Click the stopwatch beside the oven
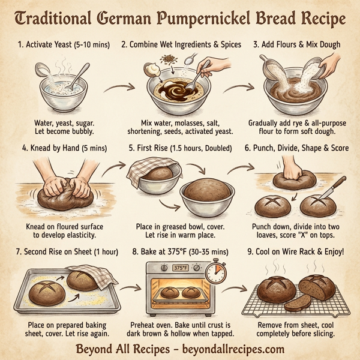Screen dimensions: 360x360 (x=214, y=275)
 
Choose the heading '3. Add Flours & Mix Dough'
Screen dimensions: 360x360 (x=296, y=45)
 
